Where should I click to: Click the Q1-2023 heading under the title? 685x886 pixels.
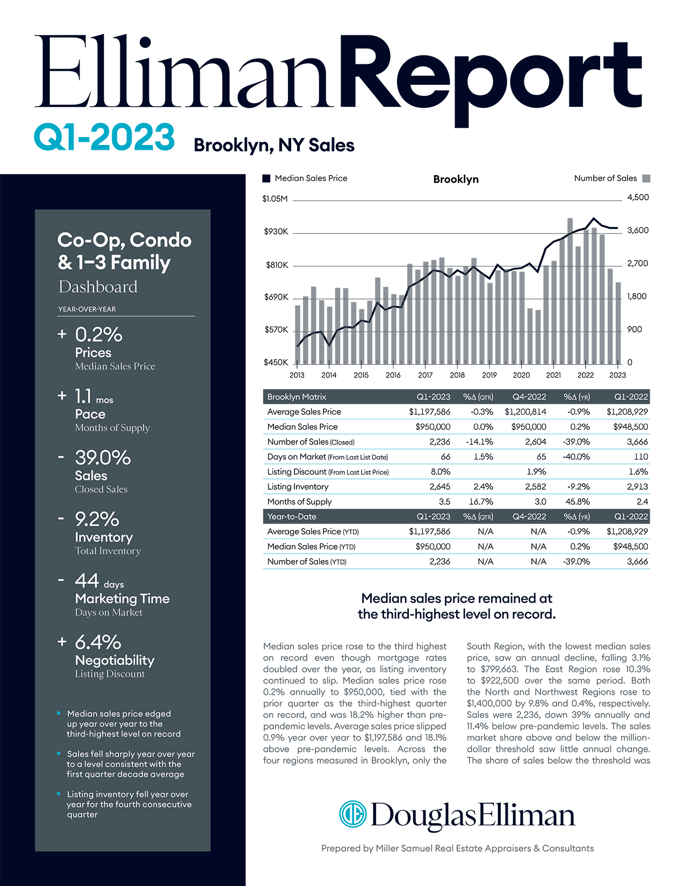[x=104, y=137]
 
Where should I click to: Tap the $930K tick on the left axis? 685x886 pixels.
[x=276, y=232]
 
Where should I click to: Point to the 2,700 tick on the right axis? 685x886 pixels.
[x=638, y=264]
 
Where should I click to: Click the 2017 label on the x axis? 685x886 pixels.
[x=425, y=375]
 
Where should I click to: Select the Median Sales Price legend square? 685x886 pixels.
[x=266, y=178]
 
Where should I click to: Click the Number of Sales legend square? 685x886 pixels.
[x=646, y=178]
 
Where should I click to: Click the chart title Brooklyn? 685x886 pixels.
[x=456, y=179]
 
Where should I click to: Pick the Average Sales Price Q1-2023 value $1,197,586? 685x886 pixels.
[x=429, y=412]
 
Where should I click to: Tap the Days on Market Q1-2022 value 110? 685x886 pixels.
[x=640, y=456]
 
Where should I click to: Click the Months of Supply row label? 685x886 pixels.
[x=299, y=502]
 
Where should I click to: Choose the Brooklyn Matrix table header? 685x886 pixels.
[x=297, y=397]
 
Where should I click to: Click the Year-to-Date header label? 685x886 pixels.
[x=292, y=517]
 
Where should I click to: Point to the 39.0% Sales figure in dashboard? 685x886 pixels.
[x=103, y=457]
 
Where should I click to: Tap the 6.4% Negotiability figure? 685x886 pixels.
[x=98, y=642]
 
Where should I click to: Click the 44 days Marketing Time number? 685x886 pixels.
[x=87, y=580]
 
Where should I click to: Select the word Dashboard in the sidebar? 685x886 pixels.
[x=98, y=287]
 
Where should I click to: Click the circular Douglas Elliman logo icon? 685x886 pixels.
[x=352, y=814]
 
